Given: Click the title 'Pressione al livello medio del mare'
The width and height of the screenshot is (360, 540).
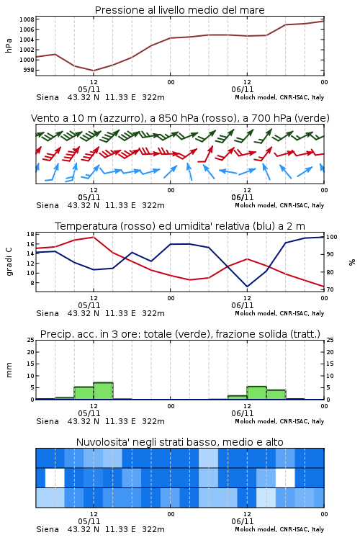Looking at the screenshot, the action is click(x=179, y=10).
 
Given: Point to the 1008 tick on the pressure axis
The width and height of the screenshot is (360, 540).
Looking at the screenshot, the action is click(x=27, y=19).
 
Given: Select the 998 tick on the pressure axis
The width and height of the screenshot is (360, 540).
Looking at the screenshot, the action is click(x=29, y=71).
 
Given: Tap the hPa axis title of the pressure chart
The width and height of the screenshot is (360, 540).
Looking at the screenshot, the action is click(x=9, y=45).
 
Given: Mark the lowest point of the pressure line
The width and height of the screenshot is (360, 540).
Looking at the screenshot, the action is click(x=94, y=71).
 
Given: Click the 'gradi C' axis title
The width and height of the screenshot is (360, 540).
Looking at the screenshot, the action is click(x=9, y=262).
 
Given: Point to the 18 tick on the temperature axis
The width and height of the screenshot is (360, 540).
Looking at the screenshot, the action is click(x=31, y=234).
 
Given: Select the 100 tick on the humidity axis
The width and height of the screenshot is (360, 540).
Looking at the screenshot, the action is click(x=332, y=237).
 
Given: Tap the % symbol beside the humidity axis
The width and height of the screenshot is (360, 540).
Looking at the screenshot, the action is click(x=352, y=262).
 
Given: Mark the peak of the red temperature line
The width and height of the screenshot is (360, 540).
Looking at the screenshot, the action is click(x=94, y=237).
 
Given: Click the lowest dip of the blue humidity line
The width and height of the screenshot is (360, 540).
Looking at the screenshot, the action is click(x=247, y=287).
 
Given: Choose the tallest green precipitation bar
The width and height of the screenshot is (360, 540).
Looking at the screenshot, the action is click(x=104, y=391).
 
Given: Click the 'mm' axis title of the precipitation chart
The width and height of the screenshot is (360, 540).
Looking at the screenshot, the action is click(x=9, y=370).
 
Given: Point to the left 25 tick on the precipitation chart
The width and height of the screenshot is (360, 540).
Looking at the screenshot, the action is click(x=31, y=341).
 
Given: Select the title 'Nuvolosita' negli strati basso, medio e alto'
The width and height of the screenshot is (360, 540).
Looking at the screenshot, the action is click(x=179, y=442).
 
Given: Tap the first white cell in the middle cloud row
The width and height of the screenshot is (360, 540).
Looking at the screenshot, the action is click(x=55, y=477).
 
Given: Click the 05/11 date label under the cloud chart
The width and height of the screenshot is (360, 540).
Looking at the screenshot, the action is click(x=89, y=521).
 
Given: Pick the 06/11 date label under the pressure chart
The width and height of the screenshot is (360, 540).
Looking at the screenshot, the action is click(x=243, y=89).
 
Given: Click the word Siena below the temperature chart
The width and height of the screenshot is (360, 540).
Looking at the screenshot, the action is click(x=48, y=313).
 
